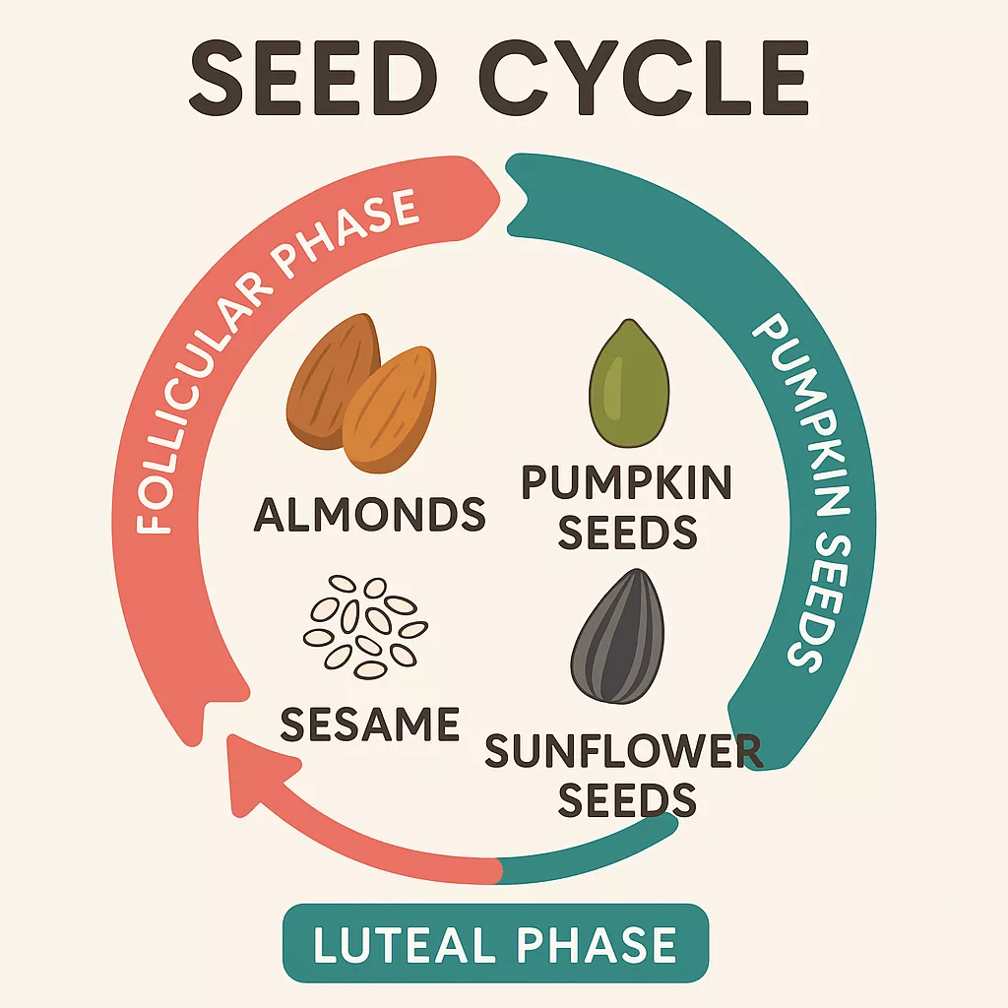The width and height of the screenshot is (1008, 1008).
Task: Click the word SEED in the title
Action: click(x=309, y=79)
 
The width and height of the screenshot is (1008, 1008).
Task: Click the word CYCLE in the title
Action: click(x=644, y=79)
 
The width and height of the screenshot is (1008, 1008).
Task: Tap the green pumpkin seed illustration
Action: click(x=629, y=383)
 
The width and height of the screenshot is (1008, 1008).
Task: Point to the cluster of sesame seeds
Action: click(x=365, y=626)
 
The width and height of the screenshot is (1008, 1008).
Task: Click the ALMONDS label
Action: click(x=370, y=514)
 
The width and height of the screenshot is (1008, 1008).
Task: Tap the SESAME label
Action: click(x=370, y=724)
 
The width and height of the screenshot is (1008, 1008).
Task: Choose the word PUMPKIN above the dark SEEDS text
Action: click(x=627, y=482)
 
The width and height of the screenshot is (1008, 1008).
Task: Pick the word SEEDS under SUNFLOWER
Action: click(x=627, y=799)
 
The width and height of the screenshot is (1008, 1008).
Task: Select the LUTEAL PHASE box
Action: click(x=495, y=943)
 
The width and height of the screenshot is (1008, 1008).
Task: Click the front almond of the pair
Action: click(x=390, y=409)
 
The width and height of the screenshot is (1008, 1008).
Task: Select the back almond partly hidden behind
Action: click(x=328, y=379)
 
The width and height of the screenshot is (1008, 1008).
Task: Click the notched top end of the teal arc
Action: click(x=518, y=193)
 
